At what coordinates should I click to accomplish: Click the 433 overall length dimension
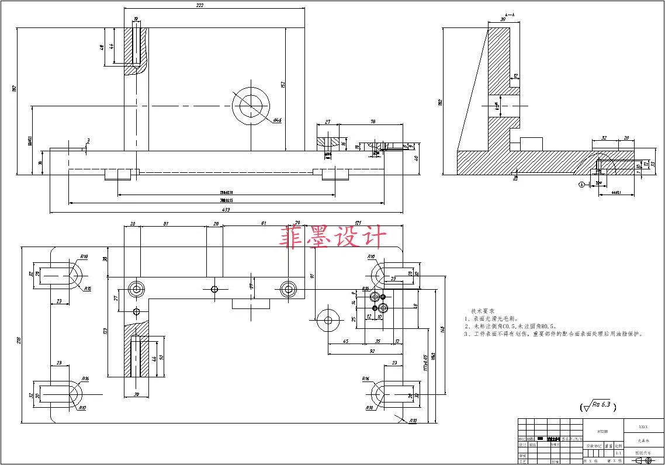[226, 209]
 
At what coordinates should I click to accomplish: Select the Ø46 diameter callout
[278, 120]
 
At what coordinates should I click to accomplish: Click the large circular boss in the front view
[251, 107]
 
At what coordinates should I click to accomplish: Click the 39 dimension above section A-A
[503, 19]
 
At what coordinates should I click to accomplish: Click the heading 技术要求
[483, 311]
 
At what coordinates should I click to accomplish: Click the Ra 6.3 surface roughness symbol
[597, 405]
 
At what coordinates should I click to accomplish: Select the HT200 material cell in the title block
[603, 431]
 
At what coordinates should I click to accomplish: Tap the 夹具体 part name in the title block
[644, 441]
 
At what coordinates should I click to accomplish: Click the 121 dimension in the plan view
[358, 223]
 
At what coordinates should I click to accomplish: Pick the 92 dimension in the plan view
[372, 352]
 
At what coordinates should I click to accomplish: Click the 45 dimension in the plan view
[345, 341]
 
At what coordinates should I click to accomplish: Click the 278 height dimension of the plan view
[19, 340]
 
